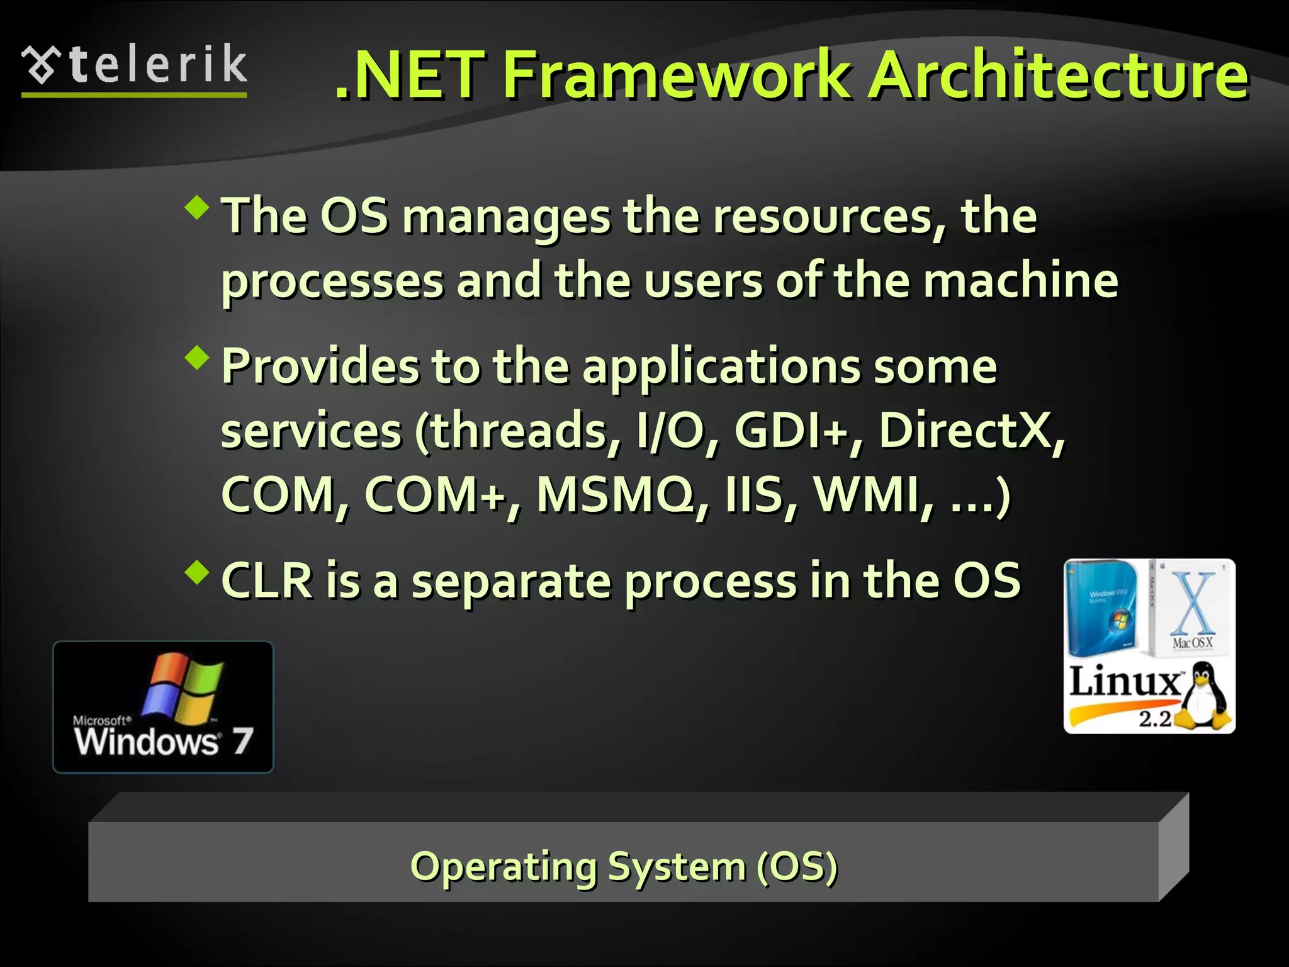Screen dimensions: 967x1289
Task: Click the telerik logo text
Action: click(x=157, y=65)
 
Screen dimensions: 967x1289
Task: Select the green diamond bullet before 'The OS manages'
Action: click(x=198, y=207)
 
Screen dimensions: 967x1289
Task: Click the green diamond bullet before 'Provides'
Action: click(x=198, y=358)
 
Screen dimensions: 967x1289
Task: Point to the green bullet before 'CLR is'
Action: click(x=198, y=572)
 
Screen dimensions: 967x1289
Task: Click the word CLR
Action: click(x=267, y=580)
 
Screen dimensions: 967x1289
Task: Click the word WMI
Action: click(x=865, y=495)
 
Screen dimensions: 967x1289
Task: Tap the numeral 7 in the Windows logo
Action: click(x=242, y=741)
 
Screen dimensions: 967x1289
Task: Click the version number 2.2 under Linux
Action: click(x=1155, y=718)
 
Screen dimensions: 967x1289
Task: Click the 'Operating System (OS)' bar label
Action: click(x=623, y=867)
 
